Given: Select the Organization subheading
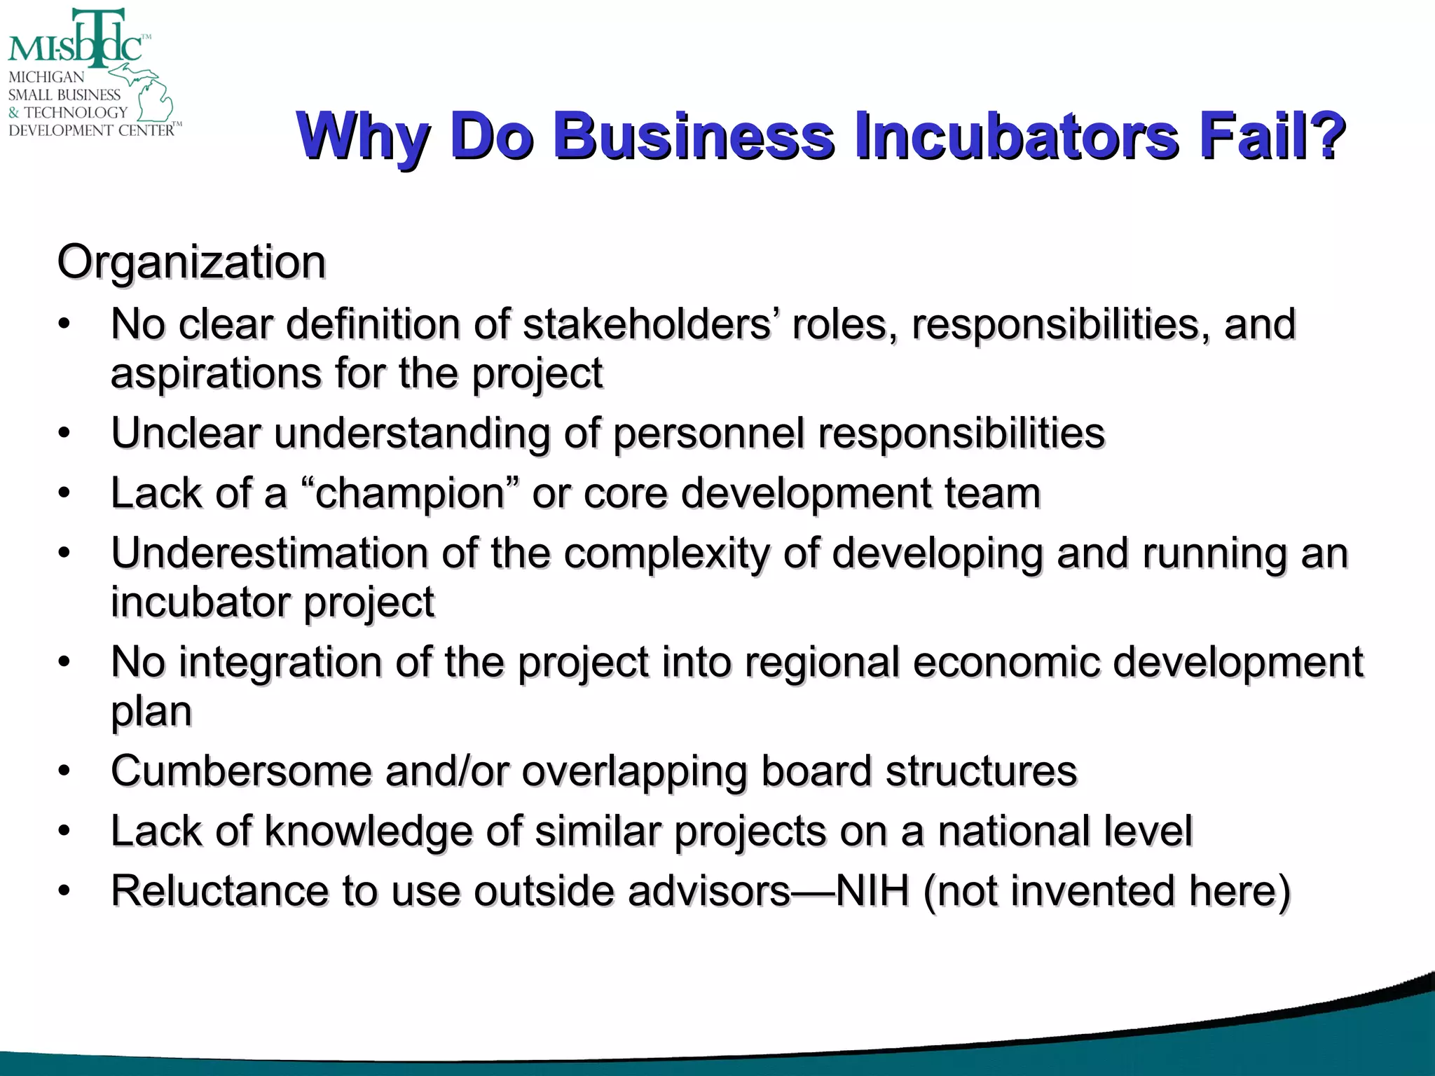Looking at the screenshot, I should coord(191,262).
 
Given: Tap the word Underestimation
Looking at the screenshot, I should coord(269,553).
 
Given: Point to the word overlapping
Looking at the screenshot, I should coord(634,771).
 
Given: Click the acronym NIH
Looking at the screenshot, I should coord(872,891).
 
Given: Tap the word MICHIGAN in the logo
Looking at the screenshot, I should coord(46,77).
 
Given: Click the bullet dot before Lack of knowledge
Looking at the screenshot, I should coord(64,832).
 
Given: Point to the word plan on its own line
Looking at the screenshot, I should coord(151,712).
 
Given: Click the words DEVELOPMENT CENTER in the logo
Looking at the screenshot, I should coord(91,130).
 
